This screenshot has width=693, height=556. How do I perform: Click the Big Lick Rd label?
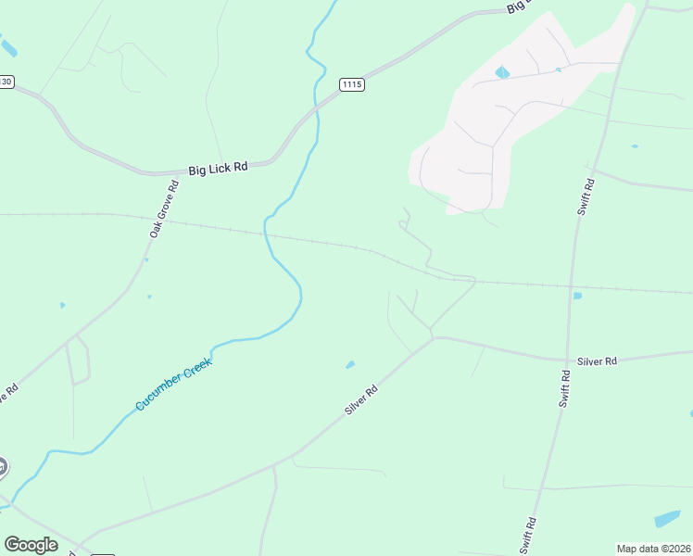(x=218, y=169)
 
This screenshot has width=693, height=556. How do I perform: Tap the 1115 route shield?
(x=351, y=84)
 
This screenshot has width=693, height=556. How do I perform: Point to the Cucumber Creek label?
(x=173, y=385)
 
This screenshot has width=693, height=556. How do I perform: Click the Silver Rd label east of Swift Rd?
(x=597, y=360)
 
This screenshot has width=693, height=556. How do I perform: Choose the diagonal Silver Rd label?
(x=361, y=400)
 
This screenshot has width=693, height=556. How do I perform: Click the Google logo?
(x=31, y=545)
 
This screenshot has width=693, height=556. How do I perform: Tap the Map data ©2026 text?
(x=654, y=549)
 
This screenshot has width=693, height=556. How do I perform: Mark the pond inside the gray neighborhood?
(x=502, y=72)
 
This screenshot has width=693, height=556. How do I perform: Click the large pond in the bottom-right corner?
(x=667, y=519)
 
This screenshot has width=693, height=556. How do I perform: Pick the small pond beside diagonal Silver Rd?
(x=349, y=365)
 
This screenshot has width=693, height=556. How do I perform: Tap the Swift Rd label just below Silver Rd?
(x=565, y=388)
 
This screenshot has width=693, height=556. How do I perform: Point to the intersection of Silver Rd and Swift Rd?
(x=567, y=360)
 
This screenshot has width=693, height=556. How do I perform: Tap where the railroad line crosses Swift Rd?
(x=573, y=286)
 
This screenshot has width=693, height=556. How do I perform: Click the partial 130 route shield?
(x=6, y=82)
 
